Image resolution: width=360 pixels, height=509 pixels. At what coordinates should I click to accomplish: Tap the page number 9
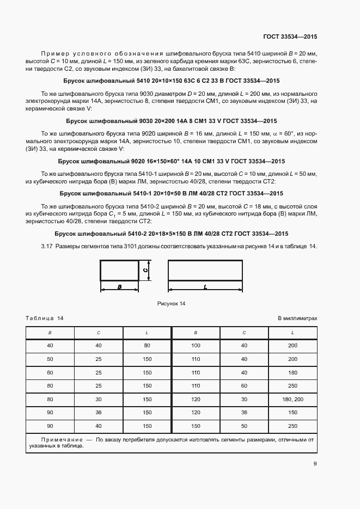point(315,464)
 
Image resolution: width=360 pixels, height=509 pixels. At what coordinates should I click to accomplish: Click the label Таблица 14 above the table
point(45,318)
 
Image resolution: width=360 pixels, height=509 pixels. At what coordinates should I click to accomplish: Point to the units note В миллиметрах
point(297,318)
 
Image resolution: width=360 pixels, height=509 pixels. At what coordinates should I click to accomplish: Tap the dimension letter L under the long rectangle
point(205,286)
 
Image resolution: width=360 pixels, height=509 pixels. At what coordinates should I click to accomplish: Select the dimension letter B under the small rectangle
point(119,286)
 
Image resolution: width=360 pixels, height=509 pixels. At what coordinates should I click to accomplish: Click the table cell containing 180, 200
point(292,400)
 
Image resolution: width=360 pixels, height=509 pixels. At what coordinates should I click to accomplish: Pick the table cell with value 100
point(196,345)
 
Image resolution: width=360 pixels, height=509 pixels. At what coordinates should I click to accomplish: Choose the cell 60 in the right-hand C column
point(244,386)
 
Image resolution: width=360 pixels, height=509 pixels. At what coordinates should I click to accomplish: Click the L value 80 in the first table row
point(147,345)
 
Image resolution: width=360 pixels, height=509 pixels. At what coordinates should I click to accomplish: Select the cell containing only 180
point(292,372)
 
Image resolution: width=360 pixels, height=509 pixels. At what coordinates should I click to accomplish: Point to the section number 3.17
point(47,246)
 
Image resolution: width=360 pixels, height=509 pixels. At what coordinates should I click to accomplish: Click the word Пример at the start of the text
point(56,53)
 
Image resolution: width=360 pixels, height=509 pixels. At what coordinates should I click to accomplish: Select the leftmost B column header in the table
point(50,332)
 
